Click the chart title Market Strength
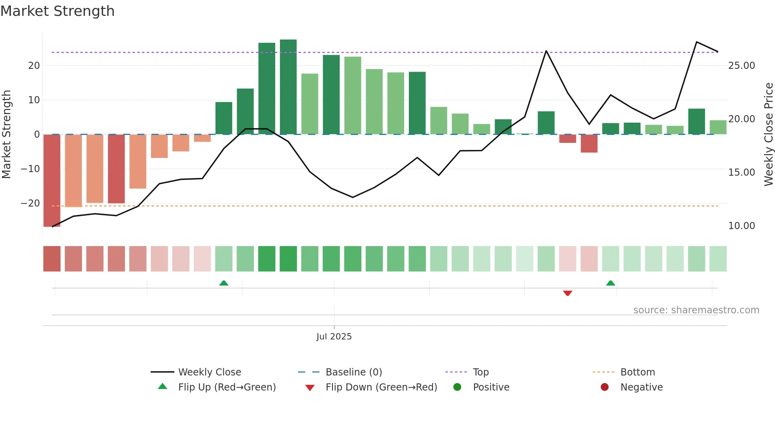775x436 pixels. (57, 11)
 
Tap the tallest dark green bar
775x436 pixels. (288, 87)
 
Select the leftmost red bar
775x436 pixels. (52, 180)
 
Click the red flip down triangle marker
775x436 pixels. (567, 293)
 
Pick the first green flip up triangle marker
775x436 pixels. (224, 283)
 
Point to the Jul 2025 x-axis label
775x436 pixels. (334, 337)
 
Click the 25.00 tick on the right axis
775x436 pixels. (741, 66)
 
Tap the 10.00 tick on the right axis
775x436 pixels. (741, 226)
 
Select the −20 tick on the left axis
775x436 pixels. (30, 203)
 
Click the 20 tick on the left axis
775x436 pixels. (34, 66)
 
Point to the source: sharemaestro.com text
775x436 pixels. (696, 310)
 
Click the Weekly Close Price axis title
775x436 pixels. (768, 135)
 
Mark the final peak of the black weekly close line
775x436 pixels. (696, 42)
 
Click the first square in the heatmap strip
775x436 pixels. (52, 259)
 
